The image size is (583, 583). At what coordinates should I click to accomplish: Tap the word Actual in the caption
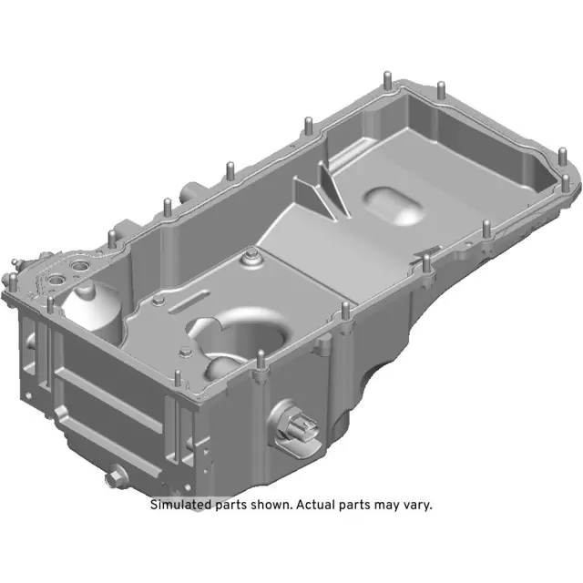click(322, 504)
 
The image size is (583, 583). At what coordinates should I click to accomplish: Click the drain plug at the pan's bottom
click(115, 474)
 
